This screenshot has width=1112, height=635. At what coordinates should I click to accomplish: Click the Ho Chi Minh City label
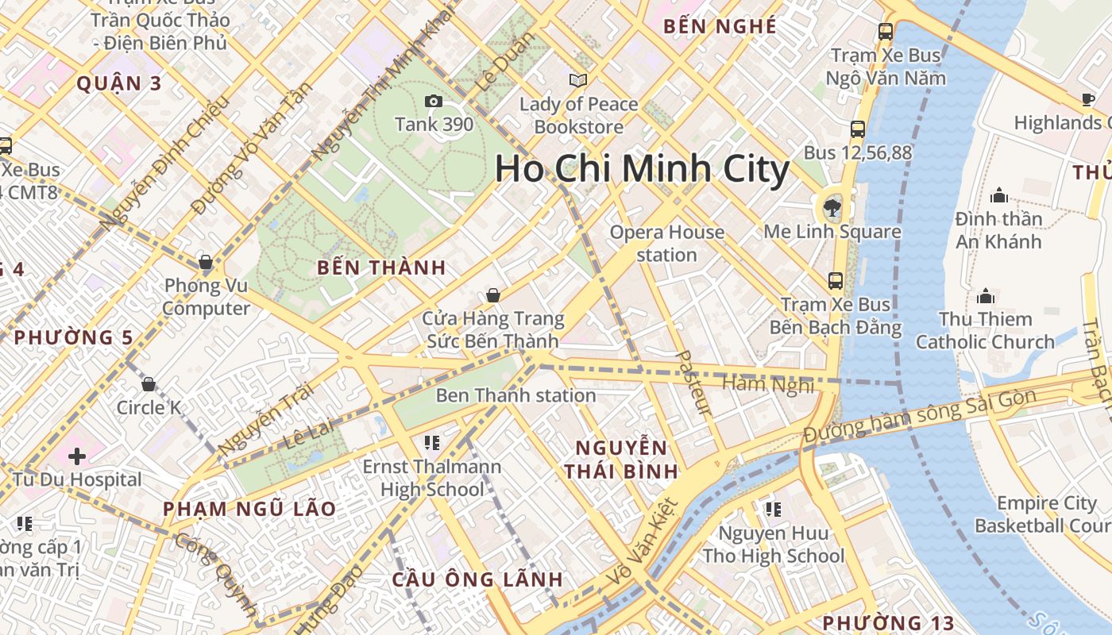[x=642, y=170]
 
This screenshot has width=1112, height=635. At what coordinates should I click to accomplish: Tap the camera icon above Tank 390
[x=434, y=101]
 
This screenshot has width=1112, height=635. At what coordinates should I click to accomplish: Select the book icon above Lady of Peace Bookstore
[x=578, y=80]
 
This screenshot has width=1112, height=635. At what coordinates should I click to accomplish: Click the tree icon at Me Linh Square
[x=832, y=209]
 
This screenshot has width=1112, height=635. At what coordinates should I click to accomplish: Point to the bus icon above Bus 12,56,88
[x=857, y=129]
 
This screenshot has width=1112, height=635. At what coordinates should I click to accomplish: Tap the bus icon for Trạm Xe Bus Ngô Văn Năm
[x=885, y=33]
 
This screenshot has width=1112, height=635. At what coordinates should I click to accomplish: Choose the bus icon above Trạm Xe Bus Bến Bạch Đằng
[x=835, y=281]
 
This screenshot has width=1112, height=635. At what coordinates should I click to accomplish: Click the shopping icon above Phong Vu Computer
[x=206, y=263]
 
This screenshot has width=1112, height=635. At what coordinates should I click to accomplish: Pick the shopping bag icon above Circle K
[x=149, y=385]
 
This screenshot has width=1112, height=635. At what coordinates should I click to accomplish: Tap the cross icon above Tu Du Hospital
[x=77, y=456]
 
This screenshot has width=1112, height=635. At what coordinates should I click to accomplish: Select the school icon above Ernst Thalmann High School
[x=432, y=442]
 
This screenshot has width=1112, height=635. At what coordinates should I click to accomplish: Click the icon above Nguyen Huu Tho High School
[x=773, y=509]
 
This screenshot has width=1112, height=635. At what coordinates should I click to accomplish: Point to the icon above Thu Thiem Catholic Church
[x=986, y=297]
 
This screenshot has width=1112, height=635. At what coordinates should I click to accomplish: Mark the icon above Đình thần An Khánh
[x=998, y=195]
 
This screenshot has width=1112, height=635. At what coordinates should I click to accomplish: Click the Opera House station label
[x=667, y=244]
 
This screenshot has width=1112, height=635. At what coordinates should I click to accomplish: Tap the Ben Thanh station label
[x=515, y=395]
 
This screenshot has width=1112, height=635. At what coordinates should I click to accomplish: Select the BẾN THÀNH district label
[x=381, y=267]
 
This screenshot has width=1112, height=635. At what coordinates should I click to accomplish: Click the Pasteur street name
[x=693, y=383]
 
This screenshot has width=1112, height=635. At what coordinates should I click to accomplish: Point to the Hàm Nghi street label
[x=767, y=384]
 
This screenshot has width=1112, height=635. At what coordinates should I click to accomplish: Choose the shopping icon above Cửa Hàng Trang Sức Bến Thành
[x=493, y=296]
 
